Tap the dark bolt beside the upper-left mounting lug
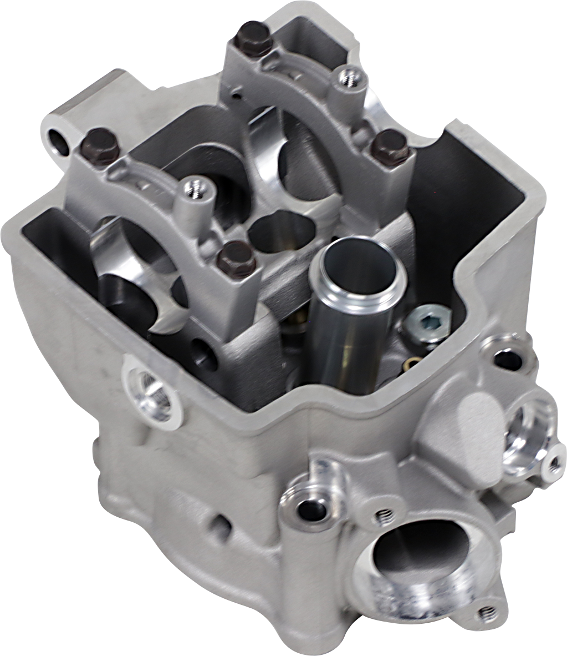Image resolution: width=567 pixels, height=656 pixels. (100, 145)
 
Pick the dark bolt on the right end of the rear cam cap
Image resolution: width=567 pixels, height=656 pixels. (391, 145)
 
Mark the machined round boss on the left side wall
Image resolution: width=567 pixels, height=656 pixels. (150, 389)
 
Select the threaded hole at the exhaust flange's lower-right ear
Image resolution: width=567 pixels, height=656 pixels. (487, 613)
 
